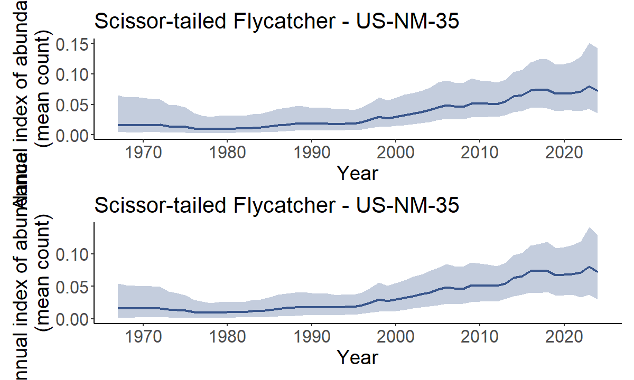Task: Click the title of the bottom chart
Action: coord(276,205)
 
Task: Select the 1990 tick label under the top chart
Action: coord(311,153)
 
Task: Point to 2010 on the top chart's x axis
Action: coord(480,153)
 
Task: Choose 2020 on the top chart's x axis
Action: coord(564,153)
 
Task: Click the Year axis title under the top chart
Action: coord(358,173)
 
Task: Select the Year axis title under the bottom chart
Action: coord(358,357)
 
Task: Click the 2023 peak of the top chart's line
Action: coord(589,86)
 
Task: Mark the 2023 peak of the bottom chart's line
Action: coord(589,267)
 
